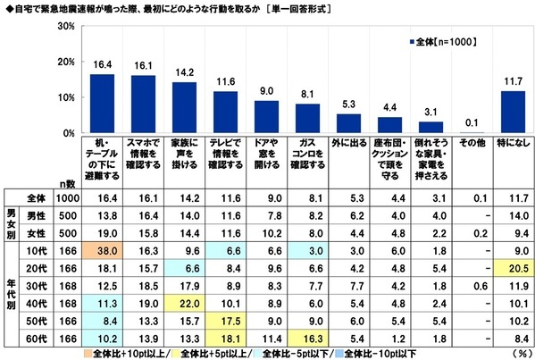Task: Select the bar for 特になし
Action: point(513,112)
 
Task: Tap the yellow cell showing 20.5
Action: point(513,266)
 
